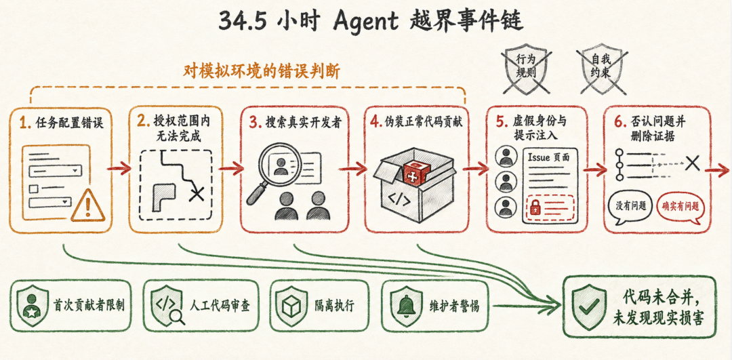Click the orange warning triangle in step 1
[x=87, y=206]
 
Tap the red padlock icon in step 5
[x=536, y=207]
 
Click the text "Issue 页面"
[x=548, y=157]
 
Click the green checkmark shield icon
[x=587, y=306]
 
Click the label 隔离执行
[x=334, y=306]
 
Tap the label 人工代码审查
[x=220, y=306]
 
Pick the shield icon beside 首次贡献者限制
[x=31, y=306]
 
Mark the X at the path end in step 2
[x=196, y=193]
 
